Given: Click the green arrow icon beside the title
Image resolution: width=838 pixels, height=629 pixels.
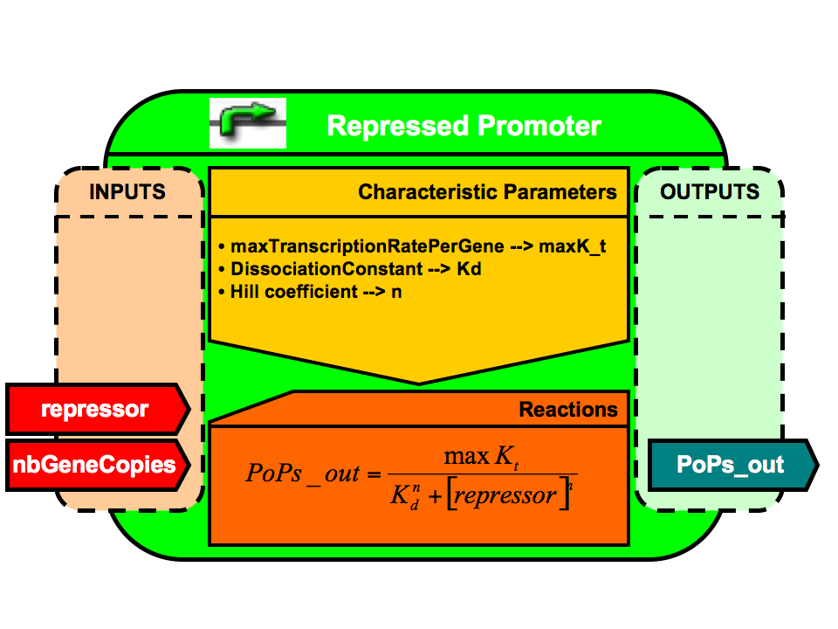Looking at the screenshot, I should click(x=248, y=123).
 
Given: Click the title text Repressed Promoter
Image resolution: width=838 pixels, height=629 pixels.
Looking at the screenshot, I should click(x=464, y=126).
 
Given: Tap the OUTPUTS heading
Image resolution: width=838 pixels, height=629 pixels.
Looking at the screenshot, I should click(x=710, y=191).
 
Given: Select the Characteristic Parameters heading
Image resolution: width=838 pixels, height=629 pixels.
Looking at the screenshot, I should click(x=487, y=192).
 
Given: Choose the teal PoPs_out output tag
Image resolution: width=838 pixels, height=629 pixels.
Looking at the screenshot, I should click(x=732, y=464).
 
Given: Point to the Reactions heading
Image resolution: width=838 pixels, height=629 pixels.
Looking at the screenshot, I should click(x=568, y=409).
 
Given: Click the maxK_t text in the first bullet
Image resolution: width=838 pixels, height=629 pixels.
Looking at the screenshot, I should click(x=573, y=247).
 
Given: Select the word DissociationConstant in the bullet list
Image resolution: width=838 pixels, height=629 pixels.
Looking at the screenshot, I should click(x=318, y=269).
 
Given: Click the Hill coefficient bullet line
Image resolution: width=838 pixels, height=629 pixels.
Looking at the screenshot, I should click(x=311, y=292).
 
